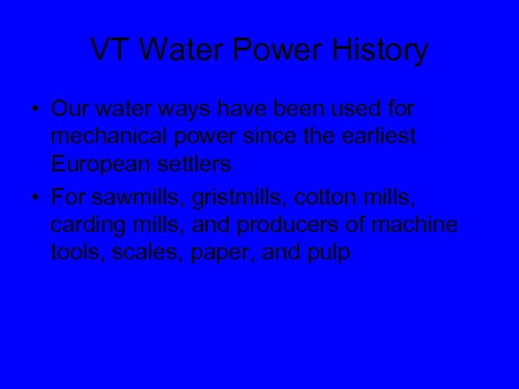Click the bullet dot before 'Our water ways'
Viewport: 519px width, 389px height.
35,110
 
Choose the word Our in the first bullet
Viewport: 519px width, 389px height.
69,109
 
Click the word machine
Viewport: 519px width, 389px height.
415,225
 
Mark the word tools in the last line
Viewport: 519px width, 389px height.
74,253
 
